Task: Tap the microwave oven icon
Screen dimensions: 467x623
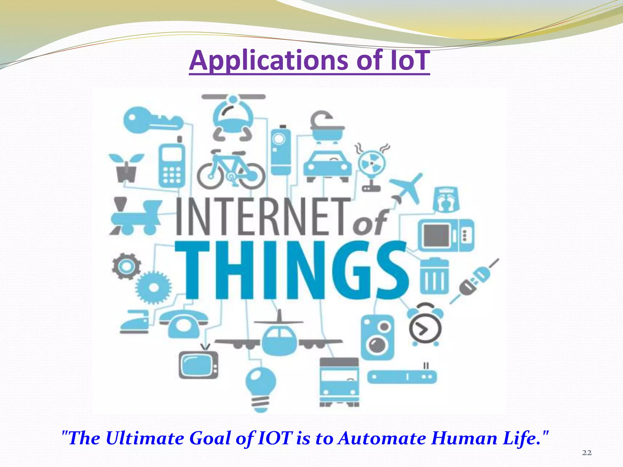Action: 446,235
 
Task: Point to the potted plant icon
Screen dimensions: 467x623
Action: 126,167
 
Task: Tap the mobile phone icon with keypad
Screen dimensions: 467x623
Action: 172,164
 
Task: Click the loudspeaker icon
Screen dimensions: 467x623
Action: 378,337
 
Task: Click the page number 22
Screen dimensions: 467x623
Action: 587,453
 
